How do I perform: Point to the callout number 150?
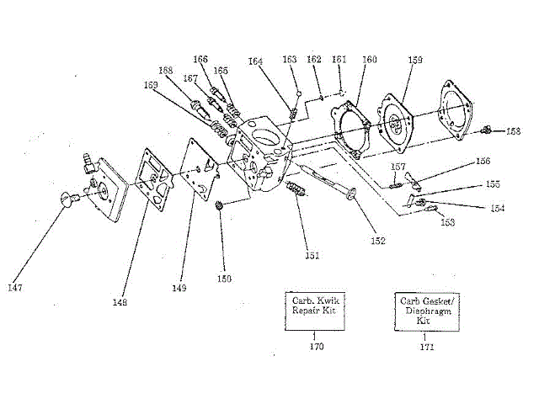[224, 279]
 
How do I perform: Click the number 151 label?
[312, 253]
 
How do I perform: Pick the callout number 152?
[377, 241]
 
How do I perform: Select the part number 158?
[514, 131]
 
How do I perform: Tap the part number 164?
[255, 61]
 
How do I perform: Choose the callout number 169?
[151, 85]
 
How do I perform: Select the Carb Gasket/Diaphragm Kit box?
[426, 310]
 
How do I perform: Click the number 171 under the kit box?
[427, 346]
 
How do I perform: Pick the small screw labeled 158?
[487, 130]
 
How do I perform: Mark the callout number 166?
[200, 60]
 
